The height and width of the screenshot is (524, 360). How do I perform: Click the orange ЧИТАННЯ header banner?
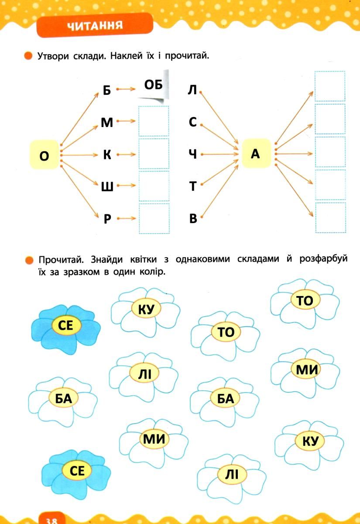(x=95, y=25)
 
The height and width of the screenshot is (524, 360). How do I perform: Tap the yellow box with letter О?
(x=44, y=155)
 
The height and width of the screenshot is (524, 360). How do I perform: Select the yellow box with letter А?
(x=256, y=154)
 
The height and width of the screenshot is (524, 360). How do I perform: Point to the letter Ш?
(x=107, y=186)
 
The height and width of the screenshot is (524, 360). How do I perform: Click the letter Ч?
(x=193, y=154)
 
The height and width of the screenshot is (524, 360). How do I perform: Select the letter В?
(x=193, y=218)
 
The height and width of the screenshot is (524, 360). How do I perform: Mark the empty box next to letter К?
(x=154, y=154)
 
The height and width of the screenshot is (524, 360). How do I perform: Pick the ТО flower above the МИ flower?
(x=305, y=301)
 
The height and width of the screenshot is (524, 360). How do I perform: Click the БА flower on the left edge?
(x=63, y=398)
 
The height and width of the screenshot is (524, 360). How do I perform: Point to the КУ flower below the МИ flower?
(x=309, y=442)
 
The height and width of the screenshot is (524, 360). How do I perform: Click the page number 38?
(x=52, y=518)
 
